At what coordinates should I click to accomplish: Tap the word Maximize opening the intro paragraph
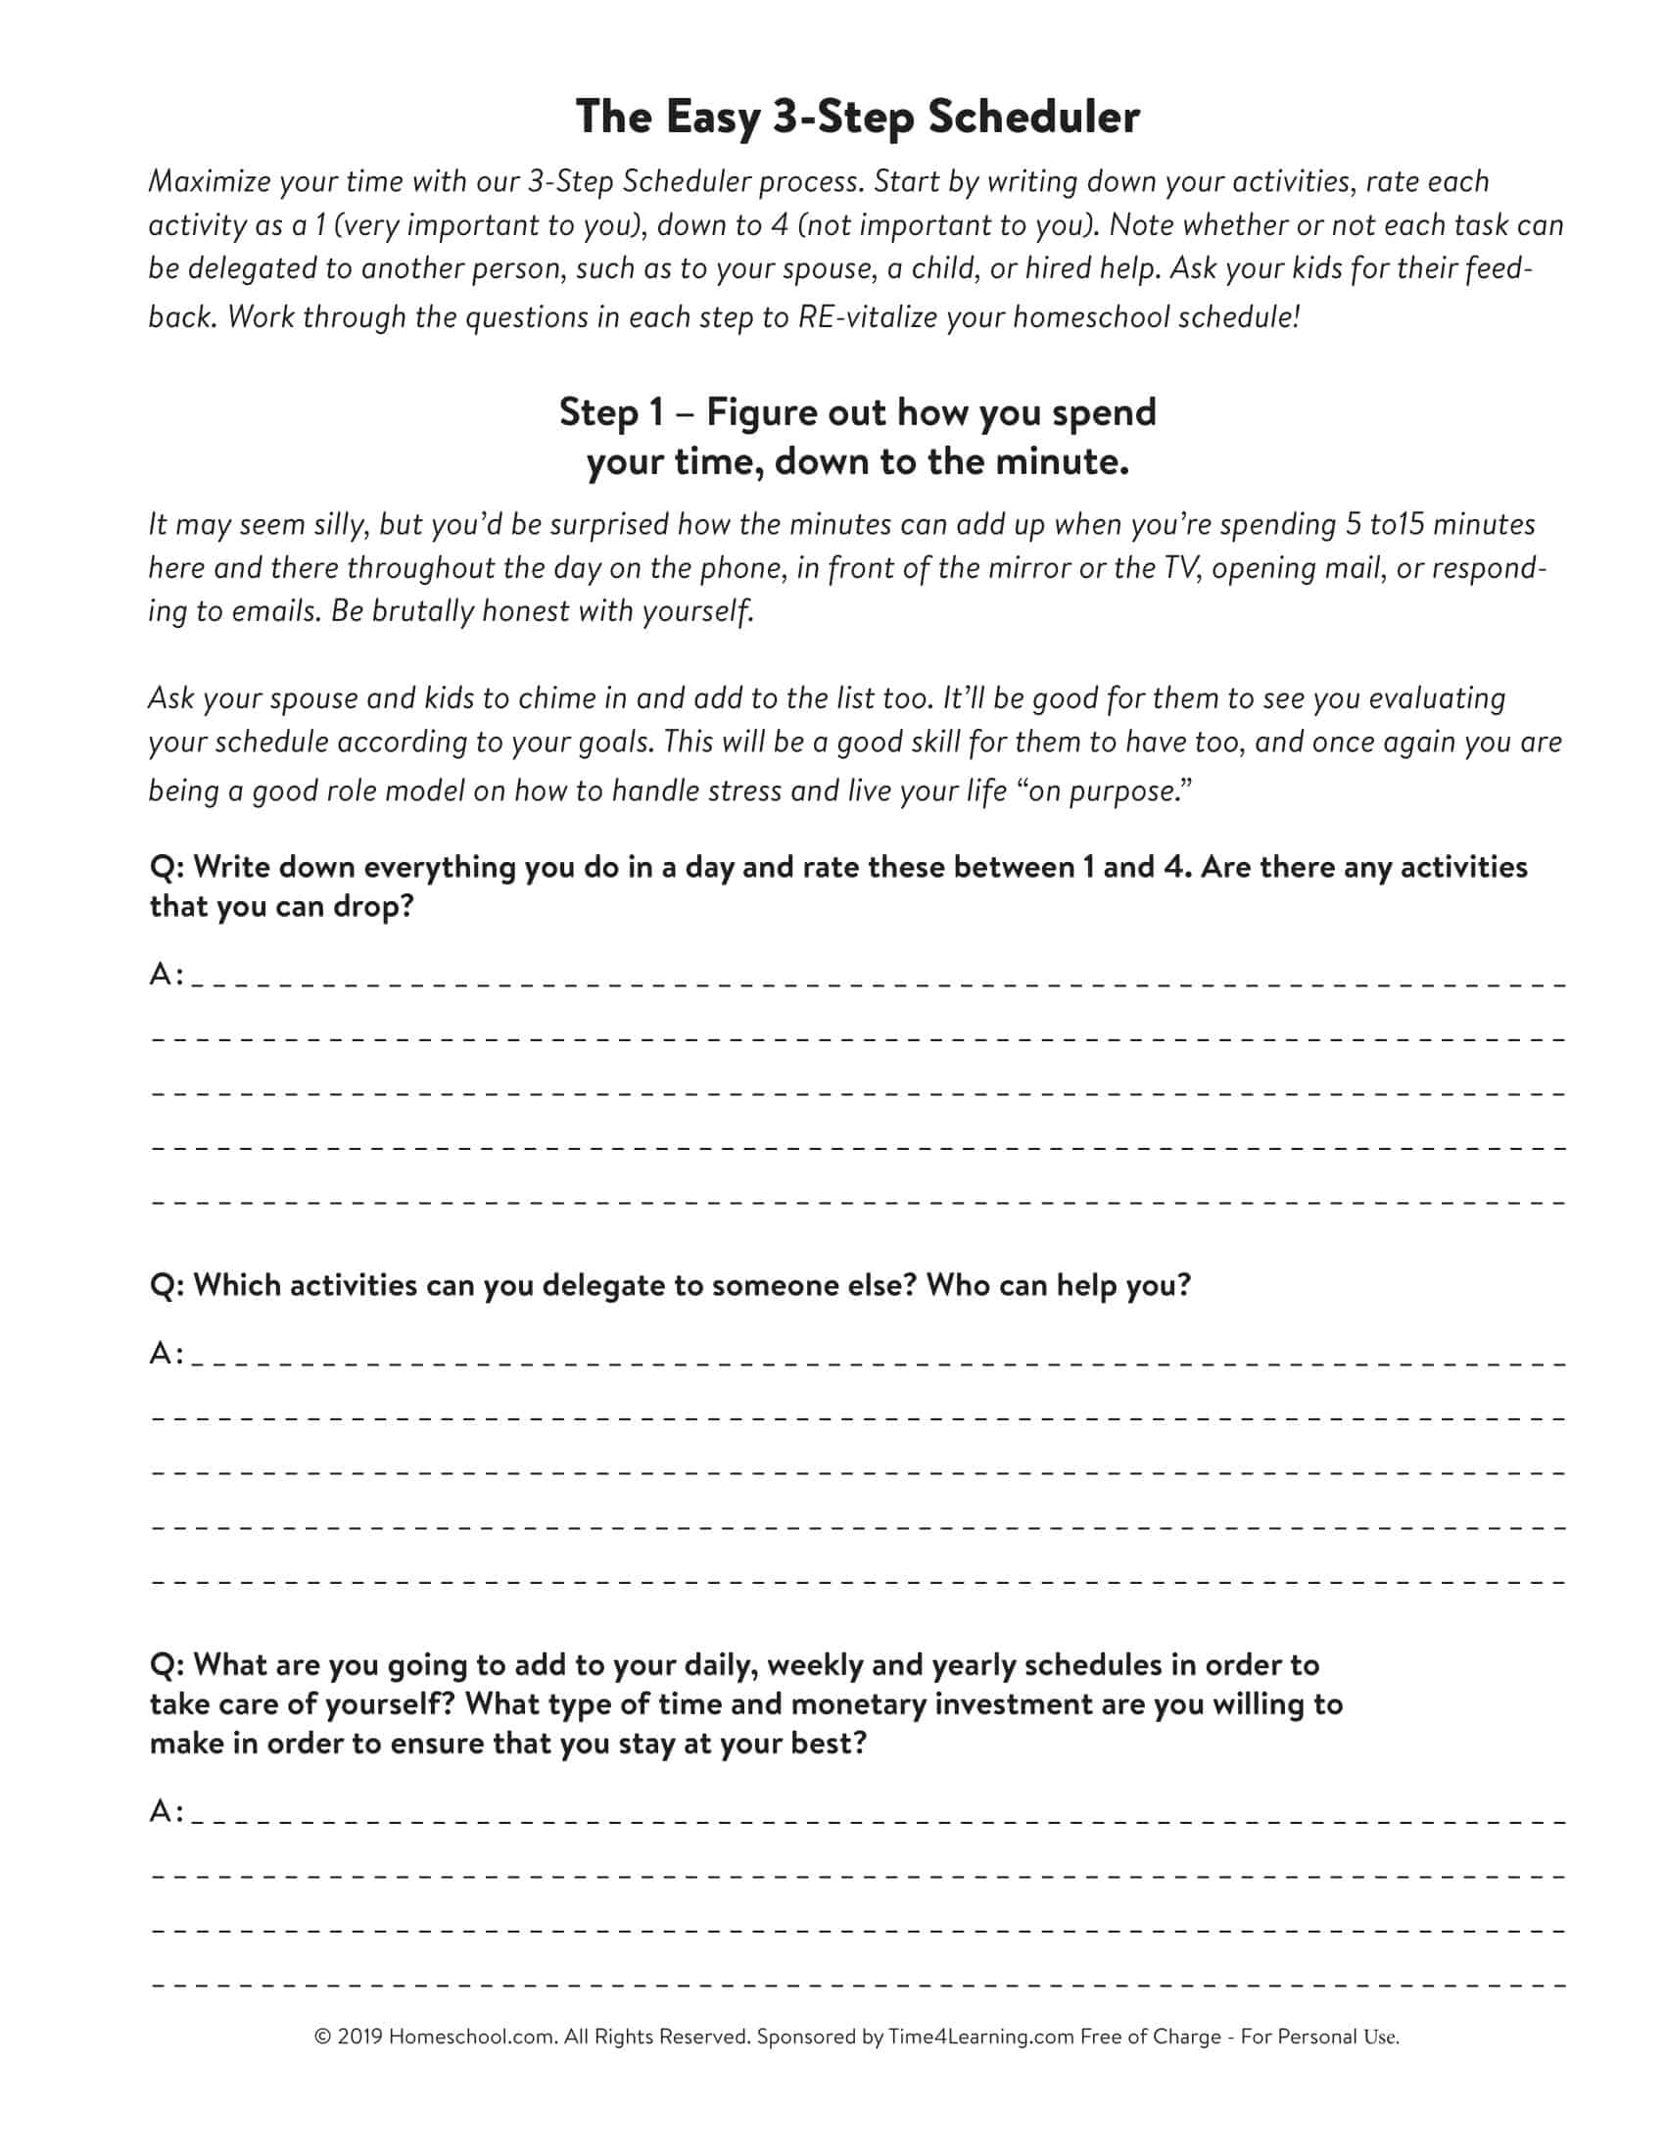pyautogui.click(x=208, y=181)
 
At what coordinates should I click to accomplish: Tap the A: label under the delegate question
pyautogui.click(x=166, y=1353)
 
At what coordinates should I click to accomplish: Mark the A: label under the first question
pyautogui.click(x=166, y=975)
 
